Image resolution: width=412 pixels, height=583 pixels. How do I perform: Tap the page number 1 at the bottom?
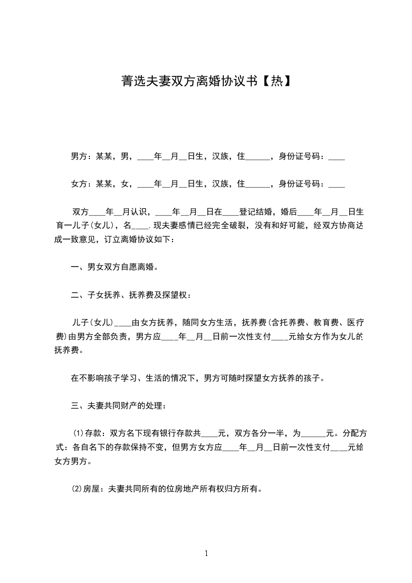pos(206,553)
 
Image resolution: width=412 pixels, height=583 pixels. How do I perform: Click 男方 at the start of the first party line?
pos(78,155)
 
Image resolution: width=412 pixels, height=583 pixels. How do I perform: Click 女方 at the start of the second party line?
pos(78,183)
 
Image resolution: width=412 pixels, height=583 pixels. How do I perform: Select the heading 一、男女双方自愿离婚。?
pos(114,268)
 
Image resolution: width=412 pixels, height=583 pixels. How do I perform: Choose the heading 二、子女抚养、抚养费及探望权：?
pos(131,296)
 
